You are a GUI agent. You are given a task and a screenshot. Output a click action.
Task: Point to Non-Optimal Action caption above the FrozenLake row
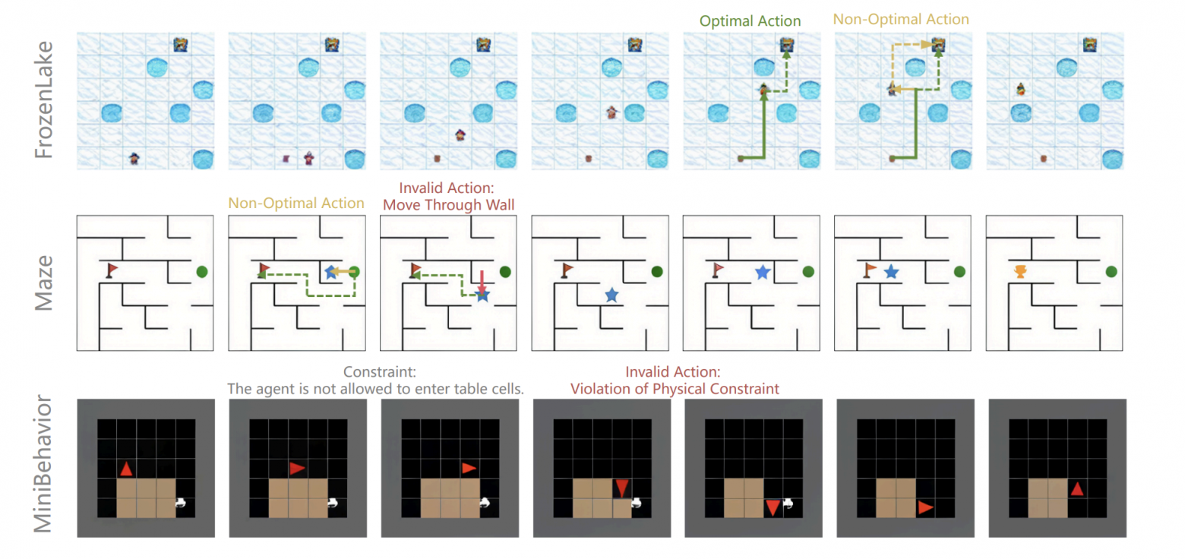(900, 18)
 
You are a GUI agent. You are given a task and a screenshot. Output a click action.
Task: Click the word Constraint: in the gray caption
(378, 373)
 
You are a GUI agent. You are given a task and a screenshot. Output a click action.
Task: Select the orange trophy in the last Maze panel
(1020, 271)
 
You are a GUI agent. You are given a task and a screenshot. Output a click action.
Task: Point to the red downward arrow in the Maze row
(482, 280)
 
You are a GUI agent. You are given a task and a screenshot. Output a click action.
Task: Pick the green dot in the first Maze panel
(201, 271)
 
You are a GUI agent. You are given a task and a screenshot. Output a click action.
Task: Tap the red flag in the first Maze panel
(112, 270)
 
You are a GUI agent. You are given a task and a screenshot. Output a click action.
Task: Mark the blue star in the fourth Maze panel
(611, 295)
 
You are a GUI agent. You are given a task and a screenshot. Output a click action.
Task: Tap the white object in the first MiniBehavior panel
(181, 502)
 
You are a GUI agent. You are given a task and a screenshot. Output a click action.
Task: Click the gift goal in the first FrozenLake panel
(180, 45)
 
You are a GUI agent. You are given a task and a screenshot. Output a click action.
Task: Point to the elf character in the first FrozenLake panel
(134, 159)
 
